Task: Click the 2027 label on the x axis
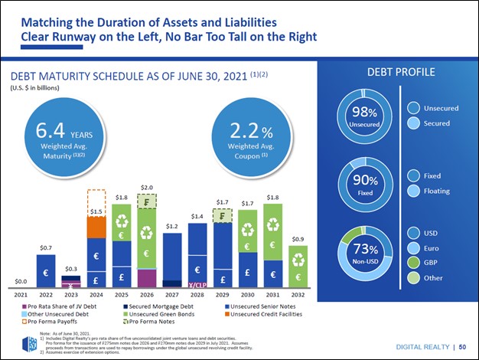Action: [172, 294]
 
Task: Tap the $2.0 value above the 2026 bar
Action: [147, 187]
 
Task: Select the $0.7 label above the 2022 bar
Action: [46, 248]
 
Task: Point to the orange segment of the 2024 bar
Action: [96, 227]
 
